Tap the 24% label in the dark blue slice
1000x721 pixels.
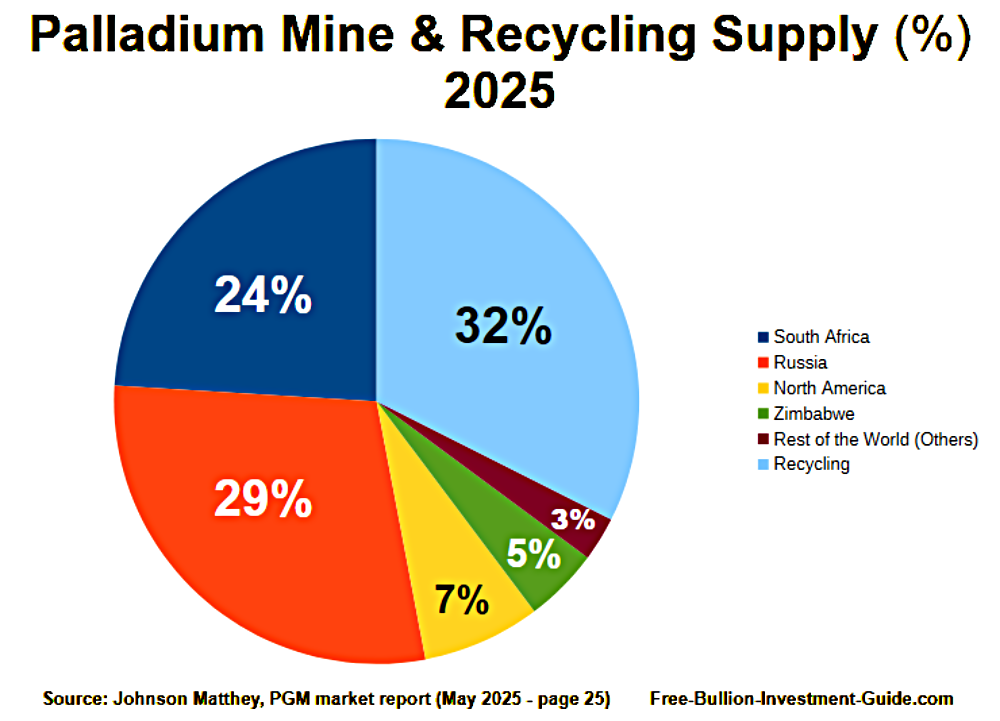coord(263,296)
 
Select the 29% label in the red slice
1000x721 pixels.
coord(263,498)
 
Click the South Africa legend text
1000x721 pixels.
coord(821,337)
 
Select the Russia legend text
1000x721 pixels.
coord(800,363)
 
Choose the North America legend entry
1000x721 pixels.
coord(829,388)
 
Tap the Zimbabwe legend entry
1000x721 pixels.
coord(814,413)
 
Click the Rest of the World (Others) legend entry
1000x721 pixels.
coord(875,439)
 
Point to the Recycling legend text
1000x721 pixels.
coord(811,464)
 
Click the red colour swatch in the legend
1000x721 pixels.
coord(763,363)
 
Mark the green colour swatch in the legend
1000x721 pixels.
coord(763,413)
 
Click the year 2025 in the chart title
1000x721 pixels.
coord(498,92)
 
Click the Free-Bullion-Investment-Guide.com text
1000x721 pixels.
coord(801,698)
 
